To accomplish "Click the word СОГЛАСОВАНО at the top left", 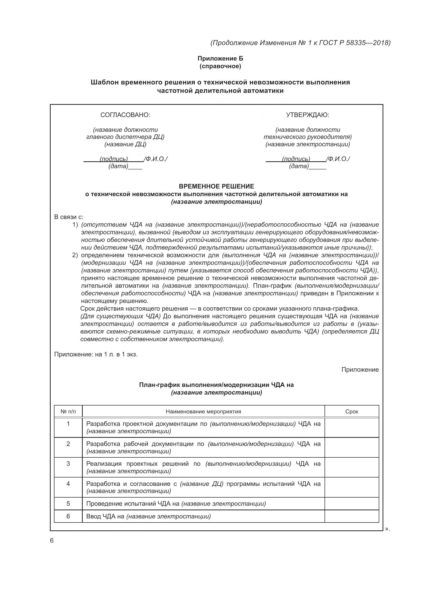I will pyautogui.click(x=125, y=115).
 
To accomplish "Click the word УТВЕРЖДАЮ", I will pyautogui.click(x=307, y=115).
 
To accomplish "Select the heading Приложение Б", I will pyautogui.click(x=220, y=58).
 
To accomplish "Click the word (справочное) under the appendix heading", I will pyautogui.click(x=220, y=66).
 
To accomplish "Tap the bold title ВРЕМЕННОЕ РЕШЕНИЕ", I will pyautogui.click(x=216, y=186).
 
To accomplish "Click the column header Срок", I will pyautogui.click(x=352, y=412).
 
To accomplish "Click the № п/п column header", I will pyautogui.click(x=68, y=412).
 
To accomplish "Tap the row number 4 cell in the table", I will pyautogui.click(x=68, y=484).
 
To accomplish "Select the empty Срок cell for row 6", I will pyautogui.click(x=352, y=516).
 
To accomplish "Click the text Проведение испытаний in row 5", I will pyautogui.click(x=121, y=503).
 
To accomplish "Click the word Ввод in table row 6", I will pyautogui.click(x=93, y=516).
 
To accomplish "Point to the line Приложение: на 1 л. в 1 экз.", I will pyautogui.click(x=96, y=354).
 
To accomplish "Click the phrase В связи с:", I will pyautogui.click(x=68, y=217).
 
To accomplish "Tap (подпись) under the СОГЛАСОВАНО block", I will pyautogui.click(x=114, y=159).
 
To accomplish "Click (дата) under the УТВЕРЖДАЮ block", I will pyautogui.click(x=299, y=166).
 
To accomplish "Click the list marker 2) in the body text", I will pyautogui.click(x=75, y=255).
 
